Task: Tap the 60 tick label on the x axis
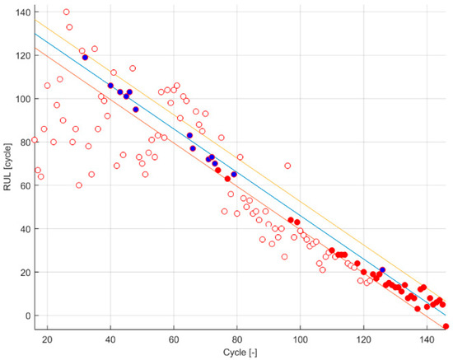click(x=174, y=339)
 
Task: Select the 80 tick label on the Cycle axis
click(x=237, y=339)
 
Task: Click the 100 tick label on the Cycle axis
click(x=301, y=339)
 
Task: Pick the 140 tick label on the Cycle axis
click(x=427, y=339)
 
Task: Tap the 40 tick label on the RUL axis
click(x=21, y=228)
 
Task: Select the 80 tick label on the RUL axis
click(x=21, y=142)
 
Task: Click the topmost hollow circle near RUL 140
click(x=66, y=12)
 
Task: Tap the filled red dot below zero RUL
click(x=446, y=326)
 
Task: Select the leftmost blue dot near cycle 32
click(x=85, y=58)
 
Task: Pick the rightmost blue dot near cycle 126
click(x=382, y=269)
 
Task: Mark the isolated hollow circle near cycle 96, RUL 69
click(x=287, y=166)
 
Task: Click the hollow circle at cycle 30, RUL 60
click(x=79, y=185)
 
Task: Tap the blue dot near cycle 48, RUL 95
click(x=136, y=110)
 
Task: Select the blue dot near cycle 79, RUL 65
click(x=234, y=175)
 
